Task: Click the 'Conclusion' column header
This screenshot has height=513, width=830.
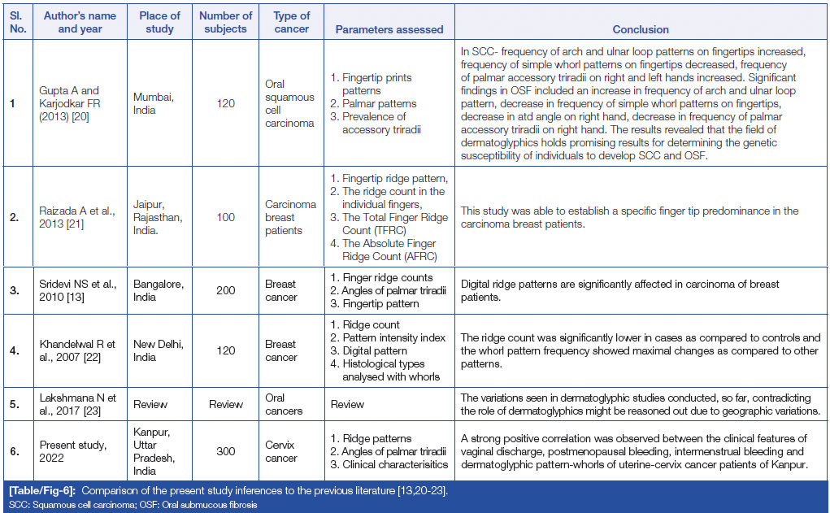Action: click(641, 29)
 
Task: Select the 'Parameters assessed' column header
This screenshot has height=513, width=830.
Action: click(389, 29)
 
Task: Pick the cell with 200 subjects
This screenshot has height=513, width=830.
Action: click(225, 290)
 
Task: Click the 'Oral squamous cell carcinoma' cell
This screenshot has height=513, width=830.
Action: click(290, 103)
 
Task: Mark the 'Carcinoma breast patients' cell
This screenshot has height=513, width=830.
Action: click(290, 217)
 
